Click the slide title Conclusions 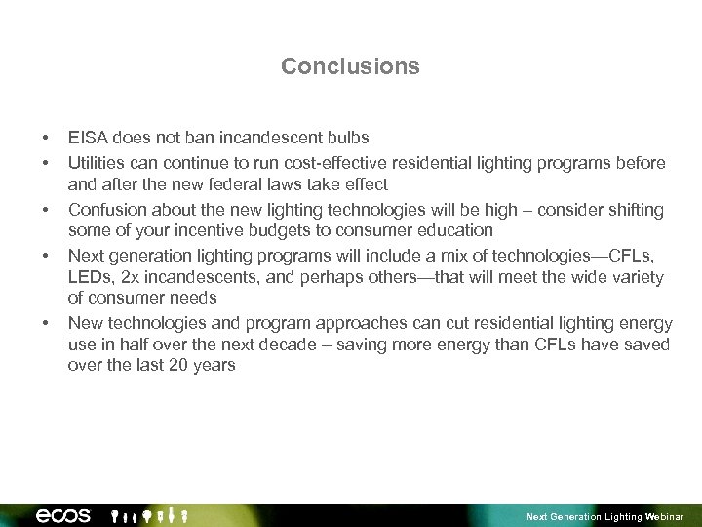pyautogui.click(x=350, y=66)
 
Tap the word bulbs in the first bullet pyautogui.click(x=346, y=138)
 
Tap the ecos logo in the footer pyautogui.click(x=63, y=515)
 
